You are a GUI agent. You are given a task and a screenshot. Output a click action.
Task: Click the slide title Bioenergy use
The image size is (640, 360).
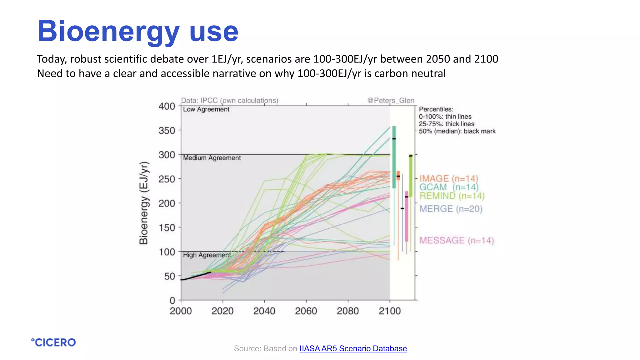(x=137, y=31)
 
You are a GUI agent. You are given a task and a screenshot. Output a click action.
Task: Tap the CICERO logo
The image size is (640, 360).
(x=53, y=342)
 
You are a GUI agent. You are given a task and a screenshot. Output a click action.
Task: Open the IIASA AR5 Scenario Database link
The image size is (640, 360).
(x=353, y=348)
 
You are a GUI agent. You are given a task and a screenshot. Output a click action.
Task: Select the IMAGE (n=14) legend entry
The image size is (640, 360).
(x=448, y=178)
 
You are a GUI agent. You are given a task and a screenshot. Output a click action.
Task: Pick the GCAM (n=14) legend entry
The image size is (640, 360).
(x=448, y=187)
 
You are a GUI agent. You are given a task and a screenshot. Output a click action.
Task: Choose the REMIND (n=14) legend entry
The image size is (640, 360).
(x=452, y=196)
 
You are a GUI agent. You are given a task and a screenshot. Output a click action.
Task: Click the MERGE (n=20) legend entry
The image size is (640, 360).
(x=451, y=209)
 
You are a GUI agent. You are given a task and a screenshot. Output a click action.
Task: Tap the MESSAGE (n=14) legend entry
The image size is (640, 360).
(x=456, y=240)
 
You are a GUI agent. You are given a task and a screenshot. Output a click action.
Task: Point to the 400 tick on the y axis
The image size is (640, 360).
(x=167, y=106)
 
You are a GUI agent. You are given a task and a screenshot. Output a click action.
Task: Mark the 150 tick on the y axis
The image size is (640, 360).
(x=167, y=227)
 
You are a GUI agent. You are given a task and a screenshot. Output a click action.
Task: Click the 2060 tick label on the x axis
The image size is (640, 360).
(x=306, y=311)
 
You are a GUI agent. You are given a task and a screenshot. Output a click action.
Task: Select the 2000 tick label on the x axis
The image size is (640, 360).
(x=181, y=311)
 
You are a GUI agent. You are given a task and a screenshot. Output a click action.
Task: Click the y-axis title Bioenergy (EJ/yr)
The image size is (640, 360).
(x=143, y=203)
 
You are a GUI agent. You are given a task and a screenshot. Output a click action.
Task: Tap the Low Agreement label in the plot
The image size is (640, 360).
(x=206, y=109)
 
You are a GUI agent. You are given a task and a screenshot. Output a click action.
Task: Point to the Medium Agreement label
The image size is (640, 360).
(x=212, y=158)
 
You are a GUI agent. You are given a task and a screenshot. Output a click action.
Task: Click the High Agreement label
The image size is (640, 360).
(x=207, y=255)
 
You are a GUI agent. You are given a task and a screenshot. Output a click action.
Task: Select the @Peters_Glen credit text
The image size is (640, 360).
(x=391, y=100)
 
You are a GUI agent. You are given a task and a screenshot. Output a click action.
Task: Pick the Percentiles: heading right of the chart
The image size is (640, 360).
(x=436, y=109)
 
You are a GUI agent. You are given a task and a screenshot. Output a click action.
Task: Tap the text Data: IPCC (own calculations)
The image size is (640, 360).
(x=229, y=100)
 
